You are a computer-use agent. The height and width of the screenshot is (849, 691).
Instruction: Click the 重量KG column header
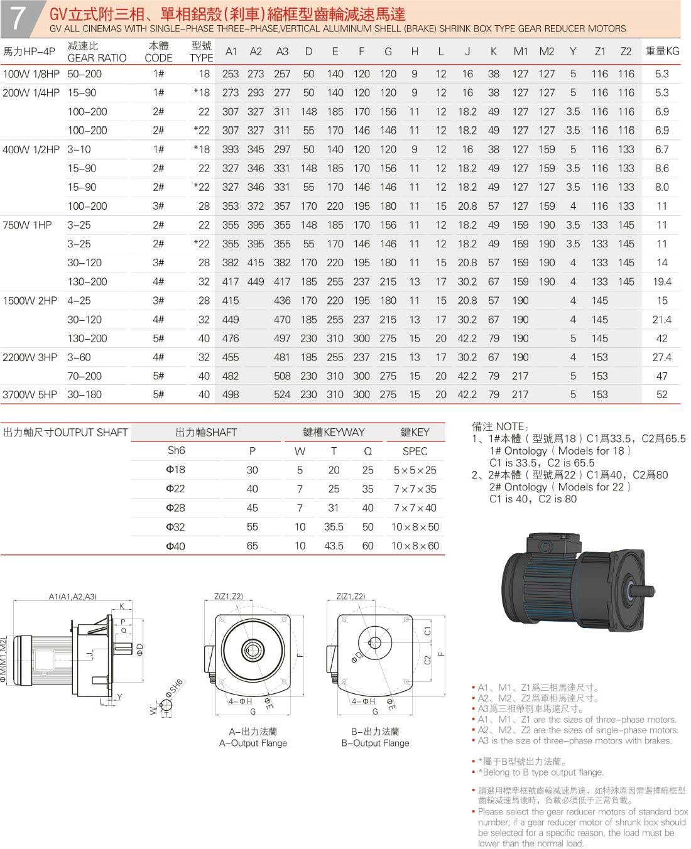pos(662,51)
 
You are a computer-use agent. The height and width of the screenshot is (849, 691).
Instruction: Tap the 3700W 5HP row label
pos(30,395)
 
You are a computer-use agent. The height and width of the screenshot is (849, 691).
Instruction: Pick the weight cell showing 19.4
pos(662,282)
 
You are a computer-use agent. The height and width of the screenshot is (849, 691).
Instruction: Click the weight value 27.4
pos(662,357)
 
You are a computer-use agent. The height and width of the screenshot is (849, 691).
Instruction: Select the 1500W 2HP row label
pos(30,301)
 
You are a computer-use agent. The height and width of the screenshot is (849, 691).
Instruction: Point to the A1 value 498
pos(231,395)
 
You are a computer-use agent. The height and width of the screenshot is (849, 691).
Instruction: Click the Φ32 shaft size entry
pos(175,527)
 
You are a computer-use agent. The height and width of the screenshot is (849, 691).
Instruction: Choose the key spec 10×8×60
pos(415,546)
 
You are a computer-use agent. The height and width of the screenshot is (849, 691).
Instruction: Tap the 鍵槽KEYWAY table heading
pos(334,432)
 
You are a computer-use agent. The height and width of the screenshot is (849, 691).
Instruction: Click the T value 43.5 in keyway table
pos(334,546)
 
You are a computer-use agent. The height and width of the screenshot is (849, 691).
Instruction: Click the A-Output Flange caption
pos(253,743)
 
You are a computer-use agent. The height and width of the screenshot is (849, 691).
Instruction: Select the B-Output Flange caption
pos(375,743)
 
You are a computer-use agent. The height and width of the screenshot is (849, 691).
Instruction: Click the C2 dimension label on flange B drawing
pos(428,659)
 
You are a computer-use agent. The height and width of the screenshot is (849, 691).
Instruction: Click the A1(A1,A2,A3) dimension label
pos(73,596)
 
